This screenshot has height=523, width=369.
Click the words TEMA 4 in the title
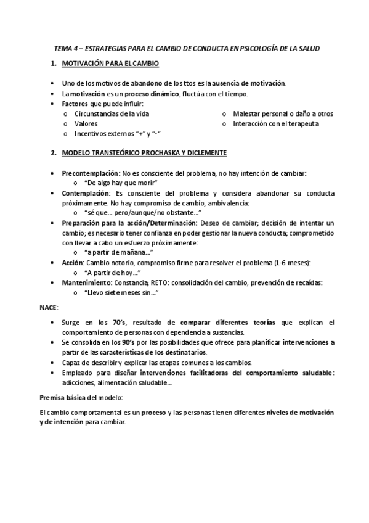coord(63,47)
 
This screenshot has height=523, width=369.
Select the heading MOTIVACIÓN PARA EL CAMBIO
coord(110,64)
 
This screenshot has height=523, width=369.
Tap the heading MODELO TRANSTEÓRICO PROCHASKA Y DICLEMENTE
coord(144,152)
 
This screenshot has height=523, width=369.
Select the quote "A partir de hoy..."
coord(113,273)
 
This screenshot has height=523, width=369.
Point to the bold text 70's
coord(118,323)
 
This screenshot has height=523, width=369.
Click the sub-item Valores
coord(86,123)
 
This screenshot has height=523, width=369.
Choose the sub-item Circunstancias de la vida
coord(112,114)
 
